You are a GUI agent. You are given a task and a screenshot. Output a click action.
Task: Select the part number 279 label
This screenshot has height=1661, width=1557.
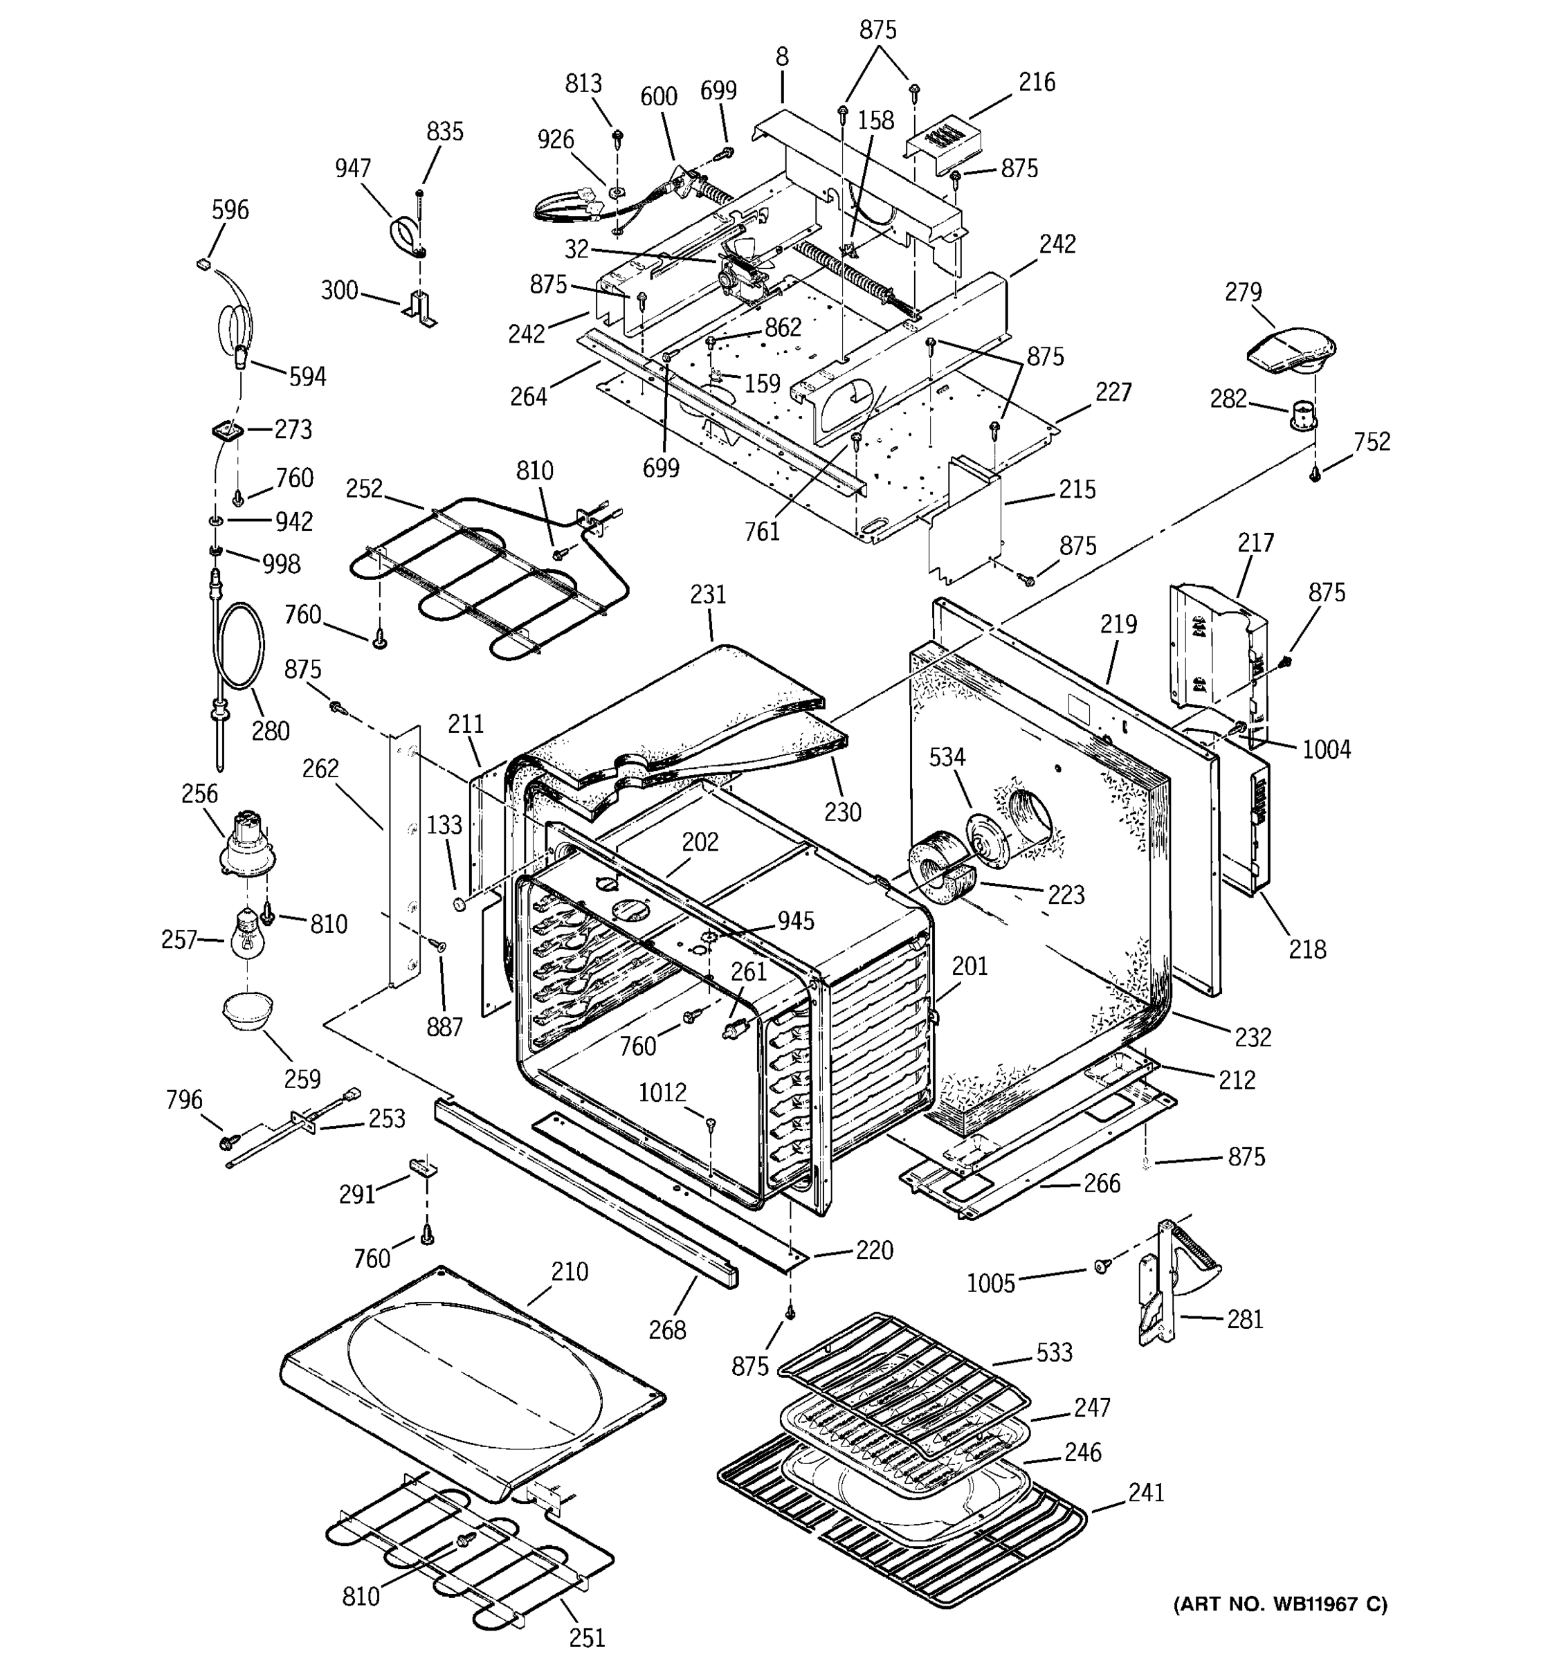[1242, 293]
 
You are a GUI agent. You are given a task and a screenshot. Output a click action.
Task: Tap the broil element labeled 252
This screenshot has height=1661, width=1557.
[484, 577]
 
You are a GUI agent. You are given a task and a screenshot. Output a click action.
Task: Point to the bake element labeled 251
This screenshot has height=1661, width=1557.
[468, 1554]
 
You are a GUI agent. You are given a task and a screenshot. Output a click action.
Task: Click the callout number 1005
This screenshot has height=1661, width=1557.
[991, 1283]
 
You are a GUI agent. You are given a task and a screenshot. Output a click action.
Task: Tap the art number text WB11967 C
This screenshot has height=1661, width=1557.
[1280, 1604]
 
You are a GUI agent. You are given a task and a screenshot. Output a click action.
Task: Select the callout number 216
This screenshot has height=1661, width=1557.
[1037, 83]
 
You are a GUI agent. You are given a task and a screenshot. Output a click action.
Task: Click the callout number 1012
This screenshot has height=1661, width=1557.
[662, 1093]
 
